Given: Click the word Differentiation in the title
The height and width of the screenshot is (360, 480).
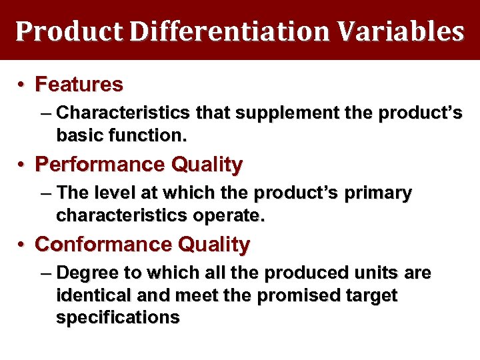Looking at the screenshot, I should [221, 31].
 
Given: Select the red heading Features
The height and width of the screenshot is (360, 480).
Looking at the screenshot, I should [79, 85].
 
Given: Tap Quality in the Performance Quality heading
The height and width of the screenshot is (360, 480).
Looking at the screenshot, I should [207, 164].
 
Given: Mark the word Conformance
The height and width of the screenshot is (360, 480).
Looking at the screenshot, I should [105, 245].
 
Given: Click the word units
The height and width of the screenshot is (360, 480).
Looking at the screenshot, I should [385, 273].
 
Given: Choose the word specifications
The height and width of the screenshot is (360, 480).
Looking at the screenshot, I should [118, 318].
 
